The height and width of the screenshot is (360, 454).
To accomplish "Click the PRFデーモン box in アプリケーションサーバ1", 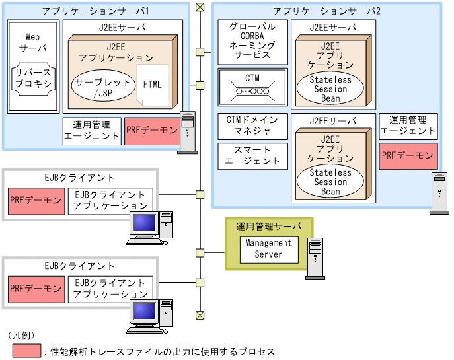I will (x=151, y=131).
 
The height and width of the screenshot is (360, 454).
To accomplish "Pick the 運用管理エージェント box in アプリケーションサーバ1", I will (x=92, y=131).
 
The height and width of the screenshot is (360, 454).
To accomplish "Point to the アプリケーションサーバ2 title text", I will (x=327, y=11).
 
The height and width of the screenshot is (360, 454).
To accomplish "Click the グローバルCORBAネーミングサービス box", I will (x=253, y=41).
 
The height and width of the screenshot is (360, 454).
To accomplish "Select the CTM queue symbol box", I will (x=253, y=86).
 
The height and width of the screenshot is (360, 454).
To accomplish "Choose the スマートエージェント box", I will (x=253, y=155).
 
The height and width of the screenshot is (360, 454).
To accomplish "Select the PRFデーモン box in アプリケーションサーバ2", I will (x=408, y=157).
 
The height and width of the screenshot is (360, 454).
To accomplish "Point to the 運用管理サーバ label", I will (x=268, y=226).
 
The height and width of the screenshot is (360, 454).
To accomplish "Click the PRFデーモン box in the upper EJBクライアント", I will (x=36, y=200).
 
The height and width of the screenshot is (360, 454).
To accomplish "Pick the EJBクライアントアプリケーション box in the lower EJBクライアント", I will (x=110, y=289).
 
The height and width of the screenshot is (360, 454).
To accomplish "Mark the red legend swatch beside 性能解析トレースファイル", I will (x=26, y=351).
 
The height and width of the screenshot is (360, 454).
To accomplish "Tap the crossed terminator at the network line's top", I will (x=200, y=7).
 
